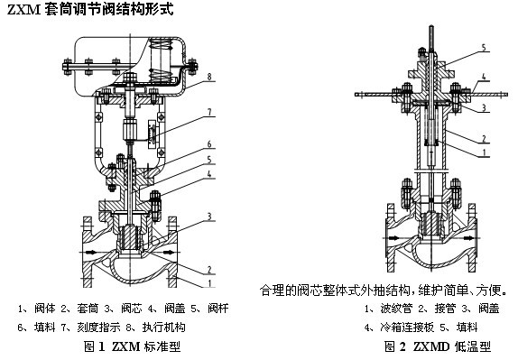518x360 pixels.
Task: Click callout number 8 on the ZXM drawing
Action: [x=209, y=77]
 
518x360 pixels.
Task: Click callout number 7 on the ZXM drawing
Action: [x=209, y=112]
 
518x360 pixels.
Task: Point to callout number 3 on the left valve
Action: [x=209, y=217]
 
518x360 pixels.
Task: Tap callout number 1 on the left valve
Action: [x=209, y=283]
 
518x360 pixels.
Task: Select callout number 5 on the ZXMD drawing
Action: [x=484, y=48]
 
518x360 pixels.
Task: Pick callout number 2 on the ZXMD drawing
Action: [x=484, y=139]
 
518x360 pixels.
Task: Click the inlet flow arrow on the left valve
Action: [x=91, y=253]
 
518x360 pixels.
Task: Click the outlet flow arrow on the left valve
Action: [x=168, y=253]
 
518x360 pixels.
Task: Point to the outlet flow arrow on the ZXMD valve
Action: [x=468, y=238]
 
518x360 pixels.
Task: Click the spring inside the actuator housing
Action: [x=161, y=60]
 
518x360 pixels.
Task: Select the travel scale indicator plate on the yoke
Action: [x=153, y=134]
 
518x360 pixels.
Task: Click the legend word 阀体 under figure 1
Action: [x=45, y=309]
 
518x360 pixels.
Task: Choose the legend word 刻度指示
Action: [x=98, y=328]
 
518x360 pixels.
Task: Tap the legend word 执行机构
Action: [x=164, y=328]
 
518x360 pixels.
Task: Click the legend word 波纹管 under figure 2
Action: [x=396, y=309]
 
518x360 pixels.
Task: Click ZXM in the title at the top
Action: [x=23, y=10]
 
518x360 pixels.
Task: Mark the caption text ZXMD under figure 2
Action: [x=431, y=346]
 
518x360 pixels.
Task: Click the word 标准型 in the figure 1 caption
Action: [x=162, y=346]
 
